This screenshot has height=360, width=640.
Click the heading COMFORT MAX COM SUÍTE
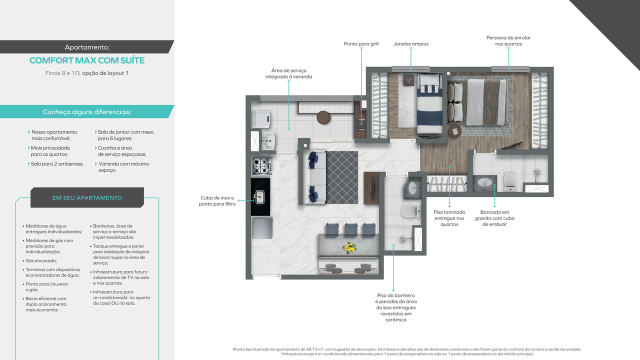coord(87,60)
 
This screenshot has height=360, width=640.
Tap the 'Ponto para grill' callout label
coord(361,44)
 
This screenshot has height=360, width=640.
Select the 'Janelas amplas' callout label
coord(410,44)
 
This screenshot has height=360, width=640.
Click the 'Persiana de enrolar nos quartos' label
coord(508,41)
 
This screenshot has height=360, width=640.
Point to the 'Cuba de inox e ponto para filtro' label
coord(217,201)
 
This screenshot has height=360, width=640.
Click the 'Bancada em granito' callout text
coord(494,218)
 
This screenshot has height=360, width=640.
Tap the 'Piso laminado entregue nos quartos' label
coord(449,218)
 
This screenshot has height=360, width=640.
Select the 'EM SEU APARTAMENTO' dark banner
coord(87,197)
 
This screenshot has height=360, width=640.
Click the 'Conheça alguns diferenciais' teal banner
coord(87,112)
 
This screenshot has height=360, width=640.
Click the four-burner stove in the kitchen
coord(261,166)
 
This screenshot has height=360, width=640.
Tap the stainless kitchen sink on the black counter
coord(259,196)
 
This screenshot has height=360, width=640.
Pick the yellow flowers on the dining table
coord(349,247)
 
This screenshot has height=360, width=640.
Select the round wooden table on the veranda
coord(323,117)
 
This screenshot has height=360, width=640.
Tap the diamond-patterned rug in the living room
coord(342,177)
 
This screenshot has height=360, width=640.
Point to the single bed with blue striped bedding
coord(429,104)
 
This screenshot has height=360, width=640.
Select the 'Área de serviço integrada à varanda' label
coord(288,73)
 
